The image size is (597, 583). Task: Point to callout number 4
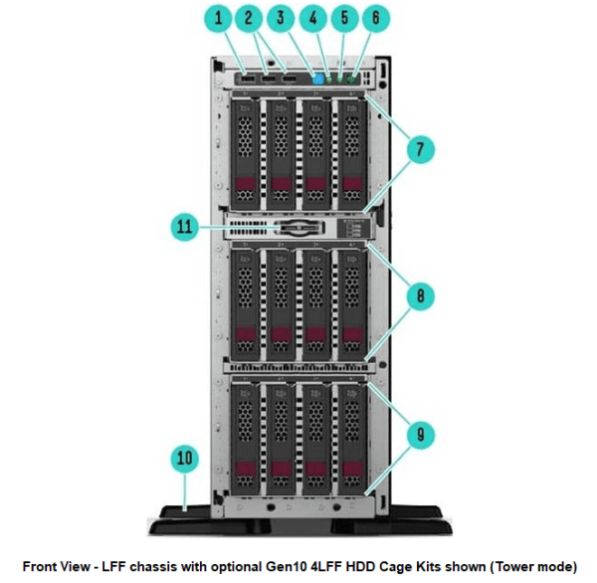[x=313, y=18]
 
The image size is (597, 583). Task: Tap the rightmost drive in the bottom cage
[x=349, y=436]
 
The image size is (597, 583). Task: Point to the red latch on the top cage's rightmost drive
[x=349, y=186]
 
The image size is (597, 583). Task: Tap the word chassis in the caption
[x=165, y=566]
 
